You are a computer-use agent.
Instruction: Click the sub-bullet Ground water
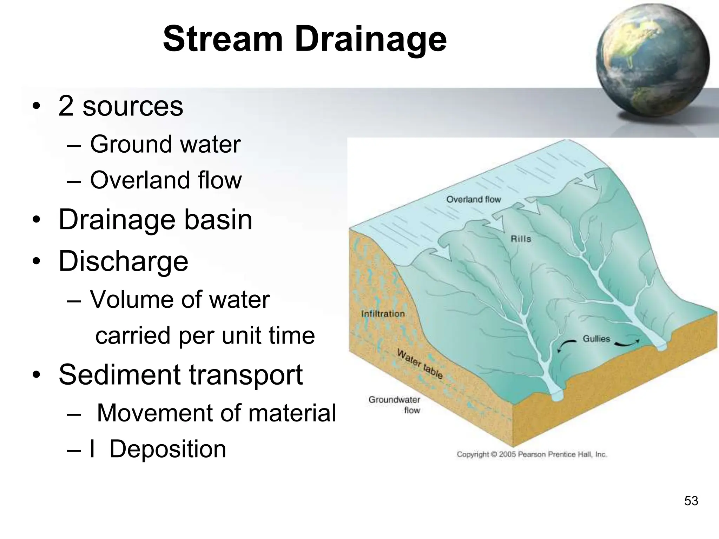(165, 144)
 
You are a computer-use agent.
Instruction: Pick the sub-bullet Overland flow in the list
(166, 180)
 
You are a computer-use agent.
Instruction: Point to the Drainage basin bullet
(155, 220)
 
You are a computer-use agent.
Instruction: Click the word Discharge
(123, 261)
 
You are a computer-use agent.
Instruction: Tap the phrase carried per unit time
(205, 335)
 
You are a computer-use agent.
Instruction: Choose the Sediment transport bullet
(180, 375)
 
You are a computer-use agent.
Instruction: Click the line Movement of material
(216, 413)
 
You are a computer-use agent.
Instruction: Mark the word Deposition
(168, 449)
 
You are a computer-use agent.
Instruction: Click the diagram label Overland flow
(473, 199)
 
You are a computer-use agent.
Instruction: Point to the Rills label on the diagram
(521, 239)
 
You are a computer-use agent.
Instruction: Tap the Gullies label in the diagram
(596, 339)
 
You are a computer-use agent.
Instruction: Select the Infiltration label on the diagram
(383, 314)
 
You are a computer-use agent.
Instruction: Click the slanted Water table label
(420, 364)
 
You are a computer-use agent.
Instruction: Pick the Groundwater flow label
(395, 405)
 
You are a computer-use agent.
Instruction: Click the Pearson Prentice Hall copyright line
(532, 454)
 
